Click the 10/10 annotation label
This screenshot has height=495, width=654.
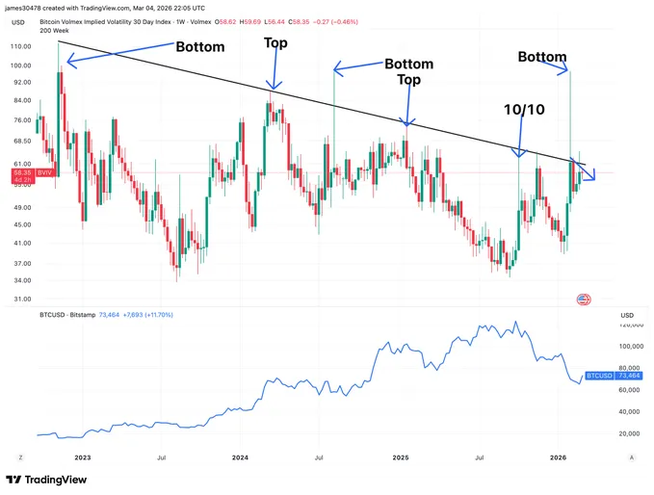(523, 111)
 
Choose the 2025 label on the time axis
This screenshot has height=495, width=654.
(403, 459)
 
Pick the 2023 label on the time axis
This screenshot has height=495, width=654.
(82, 459)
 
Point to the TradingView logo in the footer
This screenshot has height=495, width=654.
(46, 480)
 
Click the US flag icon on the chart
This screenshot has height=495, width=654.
(583, 300)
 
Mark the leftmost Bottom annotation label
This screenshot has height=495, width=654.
(200, 46)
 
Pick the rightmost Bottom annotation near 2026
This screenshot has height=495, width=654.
(542, 57)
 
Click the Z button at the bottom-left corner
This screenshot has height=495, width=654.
(21, 459)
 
